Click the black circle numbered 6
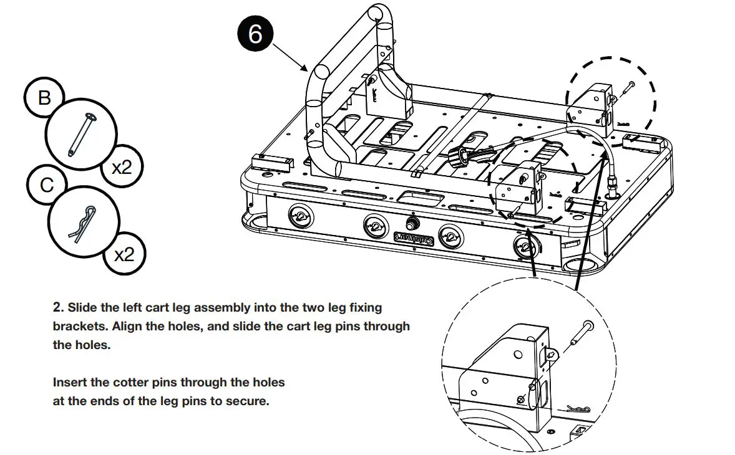pos(255,34)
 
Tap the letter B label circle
pos(44,98)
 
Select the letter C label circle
pos(46,185)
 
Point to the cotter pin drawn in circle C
pos(82,224)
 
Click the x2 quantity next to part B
pos(121,166)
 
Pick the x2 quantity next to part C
pos(125,254)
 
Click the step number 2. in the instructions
pos(59,307)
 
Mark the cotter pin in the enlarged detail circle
pos(584,409)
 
